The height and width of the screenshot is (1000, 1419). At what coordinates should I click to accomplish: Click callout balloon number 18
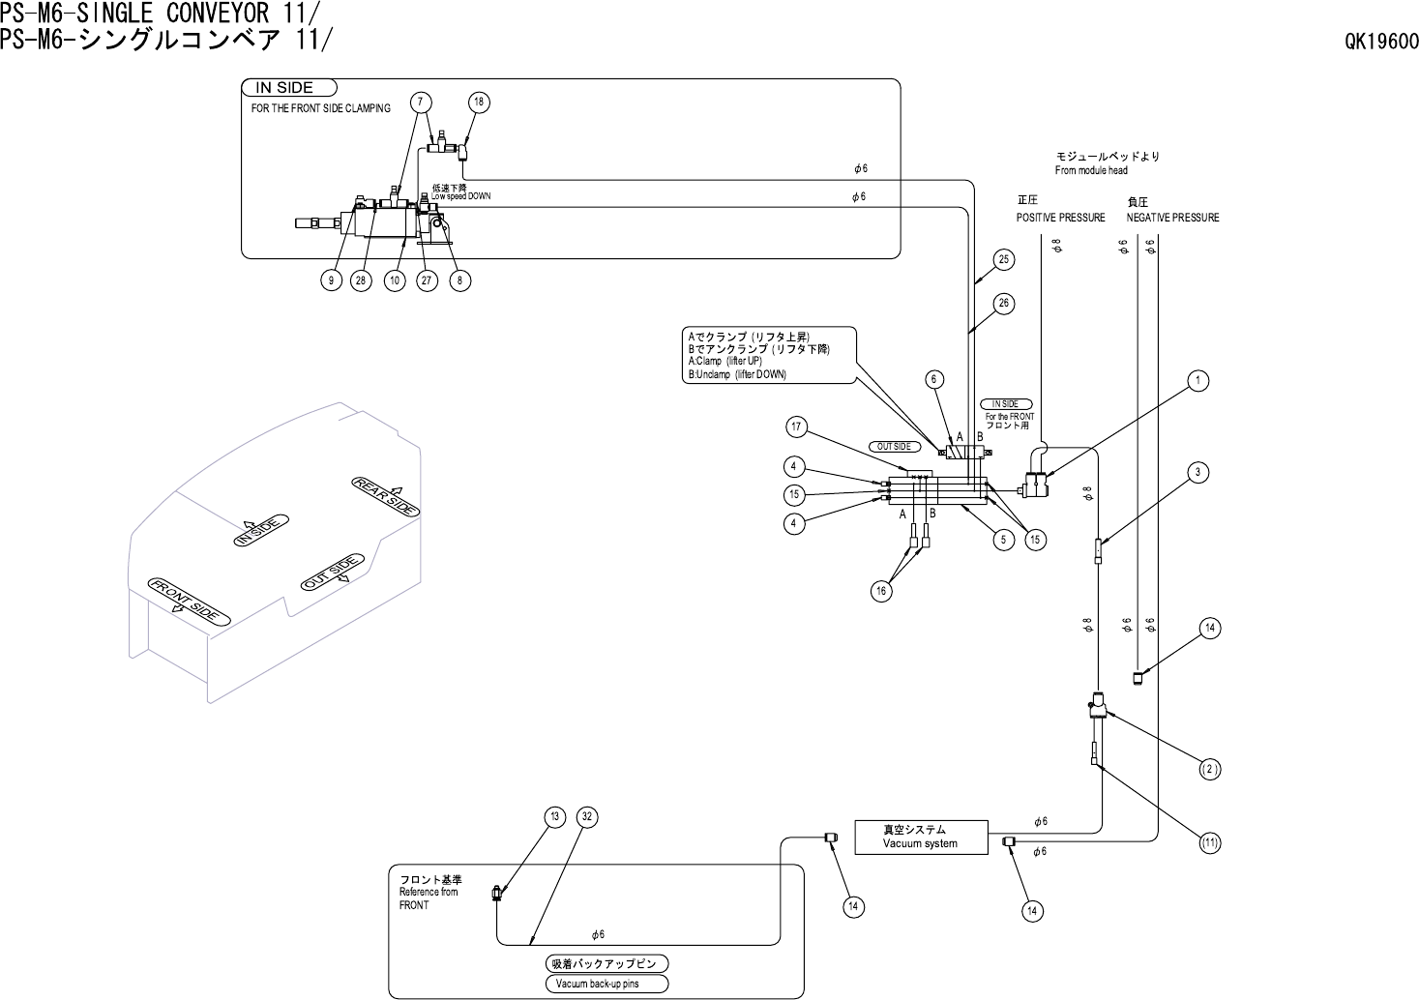[x=480, y=103]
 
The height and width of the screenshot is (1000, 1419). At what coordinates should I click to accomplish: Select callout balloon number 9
[x=330, y=280]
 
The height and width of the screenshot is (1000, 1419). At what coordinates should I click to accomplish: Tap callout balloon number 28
[x=361, y=280]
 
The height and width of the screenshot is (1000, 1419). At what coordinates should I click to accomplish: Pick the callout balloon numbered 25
[x=1004, y=259]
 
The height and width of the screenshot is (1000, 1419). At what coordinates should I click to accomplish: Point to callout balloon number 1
[x=1198, y=381]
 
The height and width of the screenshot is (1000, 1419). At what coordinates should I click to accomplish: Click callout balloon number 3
[x=1197, y=472]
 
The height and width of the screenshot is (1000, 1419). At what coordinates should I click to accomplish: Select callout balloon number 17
[x=797, y=427]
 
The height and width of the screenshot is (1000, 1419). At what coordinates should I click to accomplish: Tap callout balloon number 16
[x=880, y=592]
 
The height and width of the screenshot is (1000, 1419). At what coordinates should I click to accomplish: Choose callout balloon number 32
[x=585, y=817]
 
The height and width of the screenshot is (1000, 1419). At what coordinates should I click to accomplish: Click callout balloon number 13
[x=554, y=817]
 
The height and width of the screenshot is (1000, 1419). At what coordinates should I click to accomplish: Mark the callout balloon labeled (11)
[x=1209, y=843]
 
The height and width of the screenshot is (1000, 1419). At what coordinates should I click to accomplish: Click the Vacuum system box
[x=921, y=837]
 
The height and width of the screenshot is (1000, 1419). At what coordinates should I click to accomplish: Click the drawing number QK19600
[x=1380, y=42]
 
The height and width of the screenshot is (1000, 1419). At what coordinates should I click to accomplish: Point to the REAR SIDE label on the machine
[x=385, y=495]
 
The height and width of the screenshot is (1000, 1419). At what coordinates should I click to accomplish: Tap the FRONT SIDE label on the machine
[x=189, y=599]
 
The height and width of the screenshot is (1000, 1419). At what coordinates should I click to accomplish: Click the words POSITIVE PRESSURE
[x=1060, y=218]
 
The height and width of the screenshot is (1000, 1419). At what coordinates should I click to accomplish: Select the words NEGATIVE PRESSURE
[x=1172, y=218]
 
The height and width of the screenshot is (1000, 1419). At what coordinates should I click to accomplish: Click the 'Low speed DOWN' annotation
[x=461, y=195]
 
